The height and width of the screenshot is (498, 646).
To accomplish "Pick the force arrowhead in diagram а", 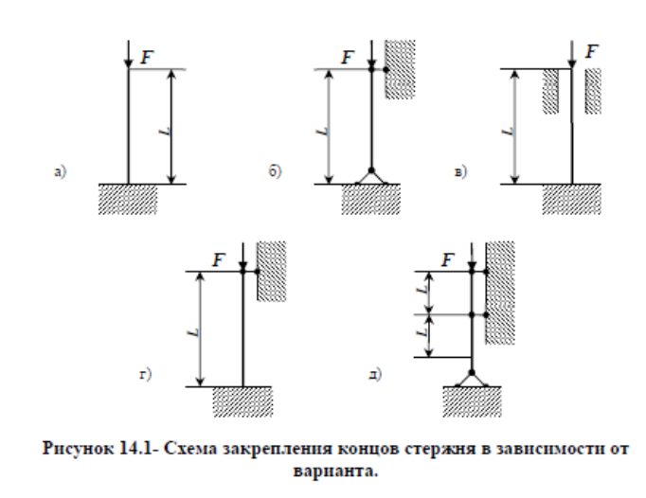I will (128, 63).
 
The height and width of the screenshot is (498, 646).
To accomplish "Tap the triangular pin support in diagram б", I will (371, 175).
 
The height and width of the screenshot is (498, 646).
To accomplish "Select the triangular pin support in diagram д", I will (471, 378).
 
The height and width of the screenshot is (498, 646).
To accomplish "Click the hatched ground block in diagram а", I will (128, 198).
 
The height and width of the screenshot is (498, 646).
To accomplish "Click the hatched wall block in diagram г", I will (272, 272).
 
